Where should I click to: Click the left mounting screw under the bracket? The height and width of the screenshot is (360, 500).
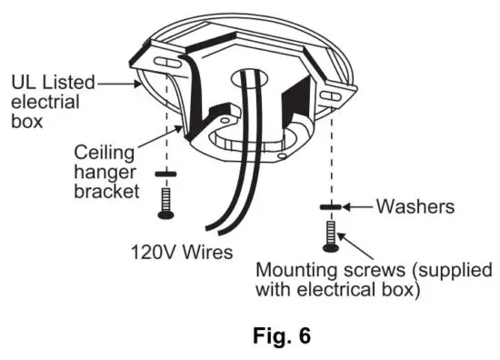tap(165, 201)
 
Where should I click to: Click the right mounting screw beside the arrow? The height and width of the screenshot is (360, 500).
tap(329, 235)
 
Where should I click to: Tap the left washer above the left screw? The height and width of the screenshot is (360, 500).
tap(165, 173)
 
